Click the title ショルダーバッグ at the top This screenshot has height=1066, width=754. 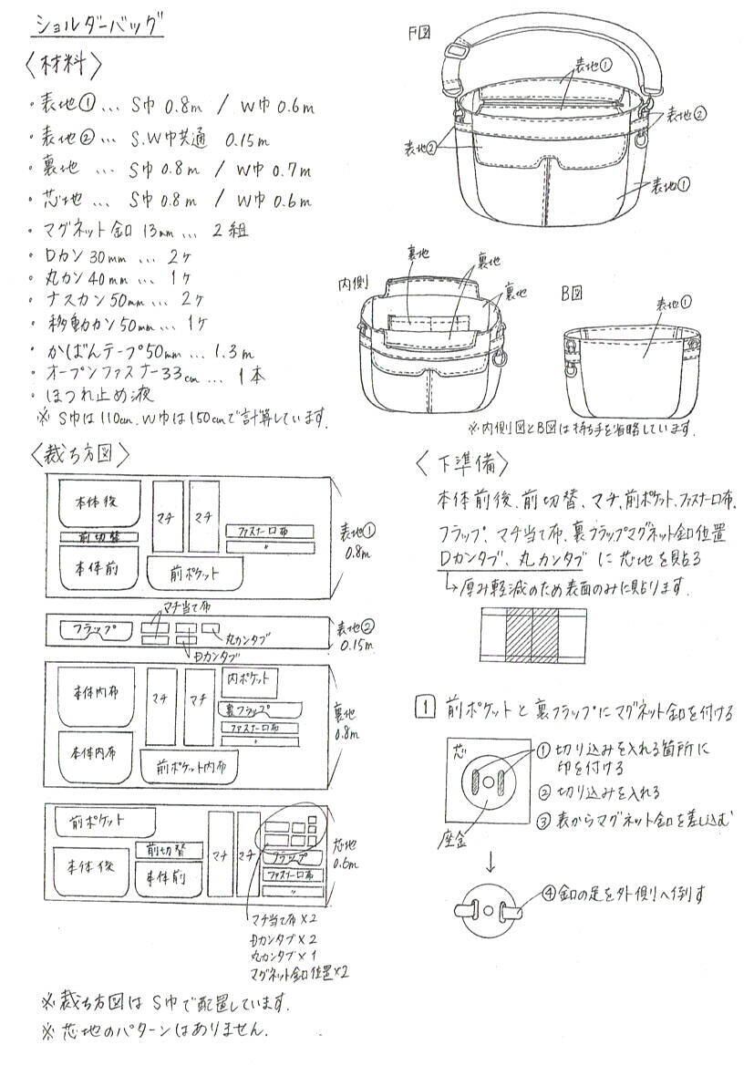[x=98, y=25]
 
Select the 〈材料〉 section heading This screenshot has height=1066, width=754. [x=65, y=66]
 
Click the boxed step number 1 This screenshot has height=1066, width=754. [x=422, y=707]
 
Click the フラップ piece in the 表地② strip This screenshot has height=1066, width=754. [x=95, y=630]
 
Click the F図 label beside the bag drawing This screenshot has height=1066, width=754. [x=419, y=34]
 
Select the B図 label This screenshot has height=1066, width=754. [x=573, y=294]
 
